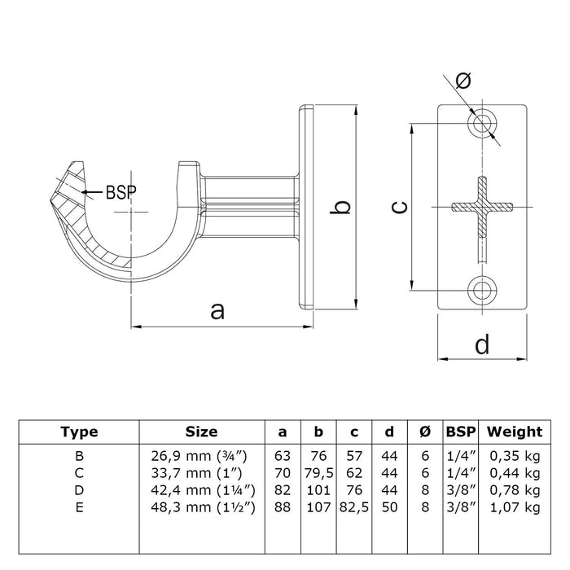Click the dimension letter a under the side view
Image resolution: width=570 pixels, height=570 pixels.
pyautogui.click(x=217, y=310)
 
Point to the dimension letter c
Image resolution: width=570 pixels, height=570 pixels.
pyautogui.click(x=398, y=207)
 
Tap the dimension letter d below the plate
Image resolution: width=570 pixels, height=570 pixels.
pyautogui.click(x=482, y=345)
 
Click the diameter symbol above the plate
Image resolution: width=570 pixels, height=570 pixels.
pyautogui.click(x=464, y=80)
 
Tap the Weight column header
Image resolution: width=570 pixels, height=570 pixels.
pyautogui.click(x=514, y=432)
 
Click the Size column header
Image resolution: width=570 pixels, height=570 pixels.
pyautogui.click(x=201, y=432)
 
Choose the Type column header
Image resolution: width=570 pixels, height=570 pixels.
pyautogui.click(x=80, y=432)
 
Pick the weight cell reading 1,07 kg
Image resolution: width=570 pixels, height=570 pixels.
pyautogui.click(x=515, y=507)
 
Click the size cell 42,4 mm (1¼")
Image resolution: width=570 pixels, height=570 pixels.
pyautogui.click(x=201, y=489)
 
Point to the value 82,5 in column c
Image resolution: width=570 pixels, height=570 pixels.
pyautogui.click(x=353, y=507)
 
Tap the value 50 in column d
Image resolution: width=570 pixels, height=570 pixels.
pyautogui.click(x=388, y=507)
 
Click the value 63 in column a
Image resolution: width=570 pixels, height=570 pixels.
pyautogui.click(x=282, y=454)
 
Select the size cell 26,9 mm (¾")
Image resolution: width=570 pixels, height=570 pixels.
pyautogui.click(x=201, y=454)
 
